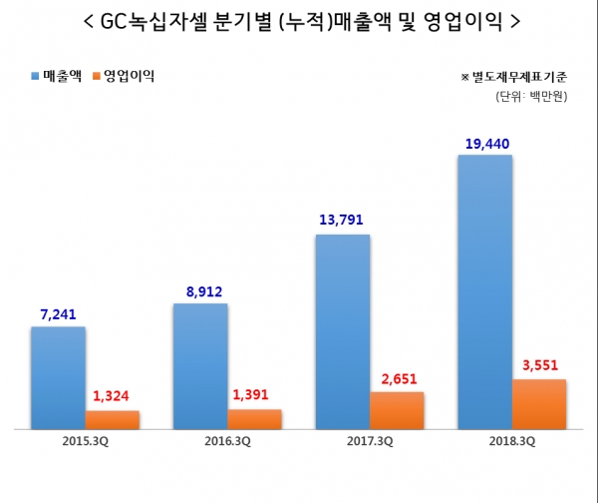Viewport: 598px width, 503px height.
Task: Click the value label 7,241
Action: click(x=58, y=313)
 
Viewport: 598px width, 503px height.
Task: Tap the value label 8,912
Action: click(x=200, y=291)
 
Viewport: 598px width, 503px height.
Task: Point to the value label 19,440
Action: click(x=486, y=144)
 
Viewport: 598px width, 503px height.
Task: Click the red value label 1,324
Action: click(x=113, y=397)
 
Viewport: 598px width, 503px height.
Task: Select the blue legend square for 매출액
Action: click(x=36, y=76)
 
